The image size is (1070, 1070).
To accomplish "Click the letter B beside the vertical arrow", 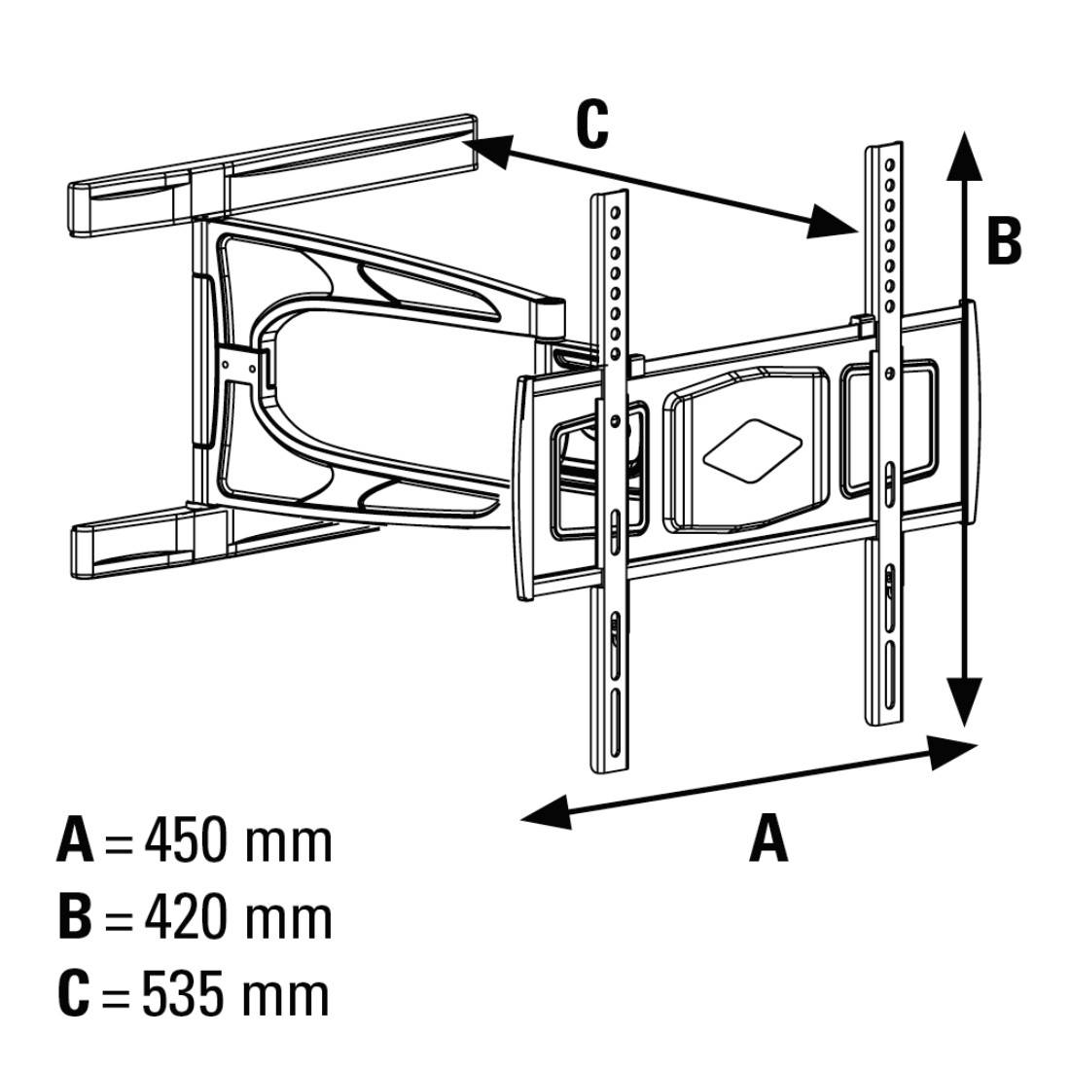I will tap(1003, 240).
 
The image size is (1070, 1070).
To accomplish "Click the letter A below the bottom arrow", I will tap(768, 839).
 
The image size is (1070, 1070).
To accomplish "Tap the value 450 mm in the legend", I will tap(237, 840).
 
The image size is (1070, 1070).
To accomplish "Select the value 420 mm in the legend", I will tap(237, 917).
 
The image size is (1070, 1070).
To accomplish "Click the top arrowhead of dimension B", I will tap(963, 156).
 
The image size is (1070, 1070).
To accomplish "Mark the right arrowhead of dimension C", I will tap(832, 222).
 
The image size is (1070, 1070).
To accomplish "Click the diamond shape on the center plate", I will tap(751, 447).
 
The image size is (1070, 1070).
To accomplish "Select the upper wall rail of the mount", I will tap(272, 175).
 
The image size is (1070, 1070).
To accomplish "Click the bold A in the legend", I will tap(75, 840).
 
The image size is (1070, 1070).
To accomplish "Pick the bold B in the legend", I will tap(75, 917).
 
